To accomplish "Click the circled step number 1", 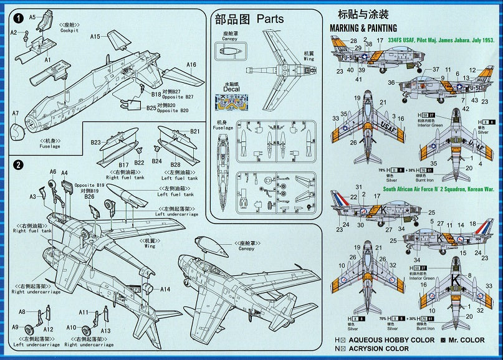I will point(19,18).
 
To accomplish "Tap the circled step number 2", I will point(19,165).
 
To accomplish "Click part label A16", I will point(191,65).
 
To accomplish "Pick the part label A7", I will point(16,113).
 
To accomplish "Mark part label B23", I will point(95,143).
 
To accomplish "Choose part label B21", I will point(194,131).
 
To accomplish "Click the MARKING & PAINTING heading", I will point(363,28).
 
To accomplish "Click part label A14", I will point(165,289).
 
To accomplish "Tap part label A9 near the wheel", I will point(14,327).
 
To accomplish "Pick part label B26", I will point(89,197).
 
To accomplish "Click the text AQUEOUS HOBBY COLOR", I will point(393,340).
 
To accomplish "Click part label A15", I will point(95,37).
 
